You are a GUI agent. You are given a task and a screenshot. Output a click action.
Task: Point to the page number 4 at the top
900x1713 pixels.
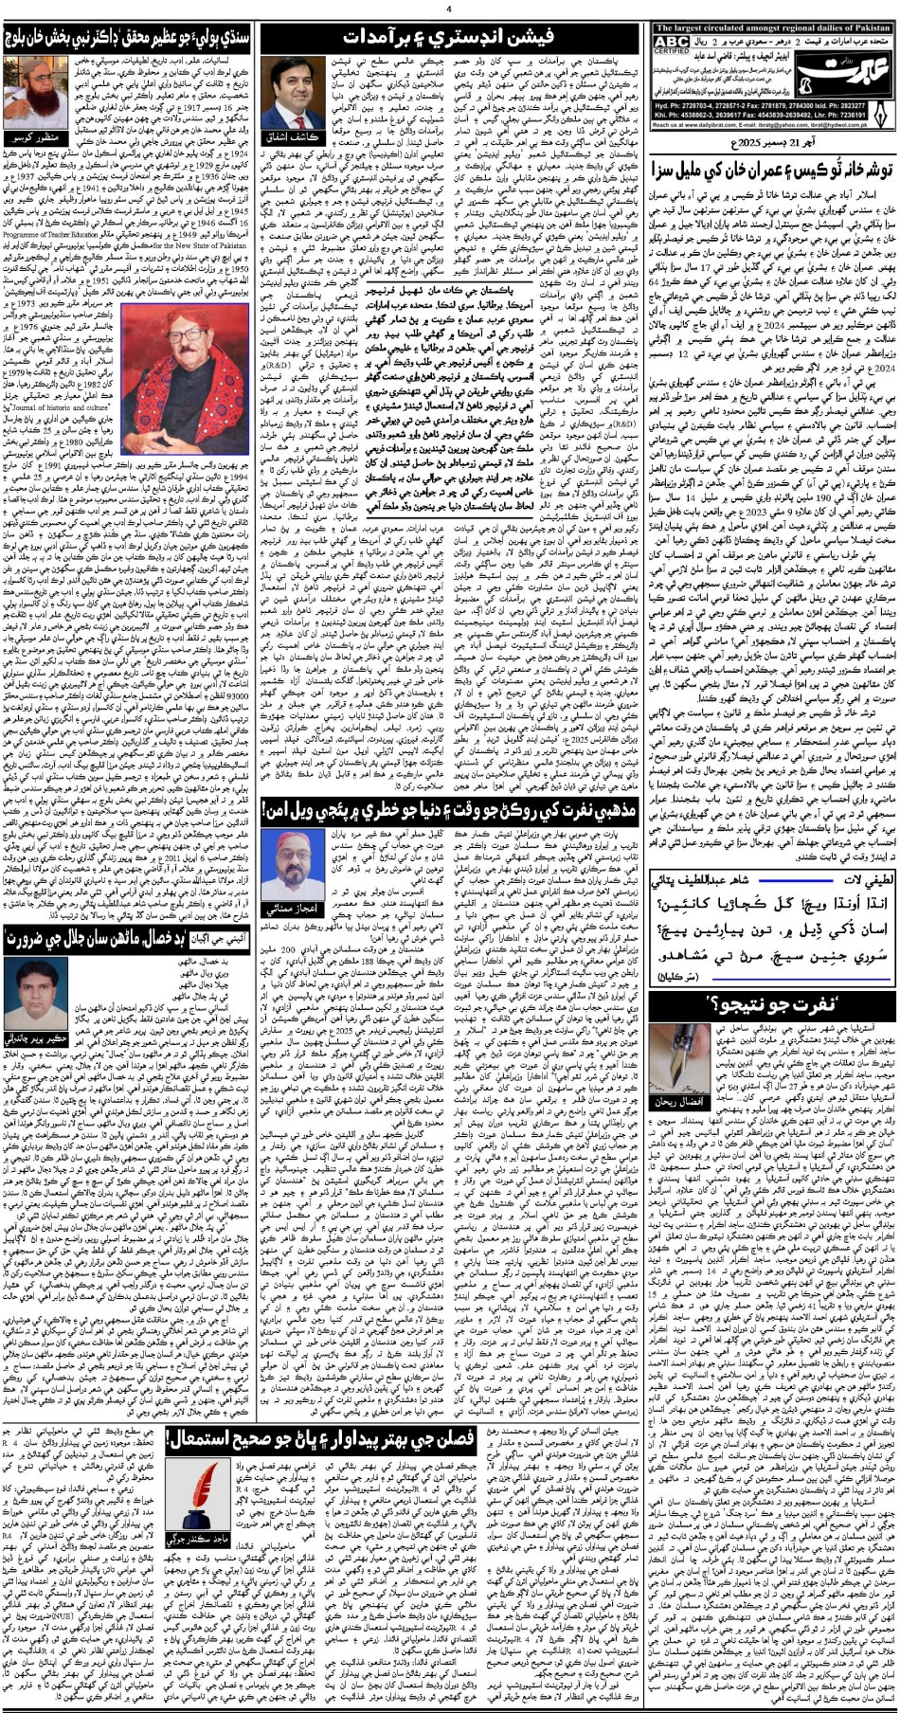[449, 9]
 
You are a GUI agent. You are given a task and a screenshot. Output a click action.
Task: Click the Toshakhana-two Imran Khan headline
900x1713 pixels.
[772, 173]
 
